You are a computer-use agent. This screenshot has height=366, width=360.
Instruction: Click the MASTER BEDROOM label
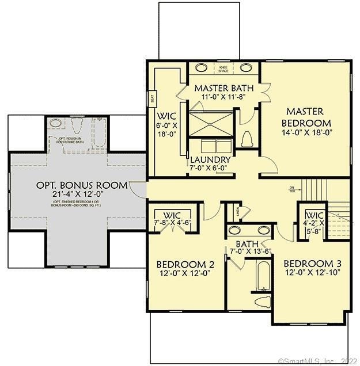[x=306, y=117]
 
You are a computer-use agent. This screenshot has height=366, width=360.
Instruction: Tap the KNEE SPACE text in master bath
[x=223, y=69]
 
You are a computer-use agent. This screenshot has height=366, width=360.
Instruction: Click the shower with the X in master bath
[x=210, y=123]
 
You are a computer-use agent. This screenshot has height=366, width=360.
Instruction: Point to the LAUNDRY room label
[x=210, y=159]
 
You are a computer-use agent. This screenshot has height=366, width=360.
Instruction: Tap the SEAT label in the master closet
[x=152, y=98]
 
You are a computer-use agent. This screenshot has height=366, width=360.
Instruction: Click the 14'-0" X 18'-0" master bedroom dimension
[x=306, y=133]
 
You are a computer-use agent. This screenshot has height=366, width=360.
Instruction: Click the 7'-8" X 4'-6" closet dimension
[x=173, y=222]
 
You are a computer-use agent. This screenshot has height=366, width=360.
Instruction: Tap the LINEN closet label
[x=237, y=212]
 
